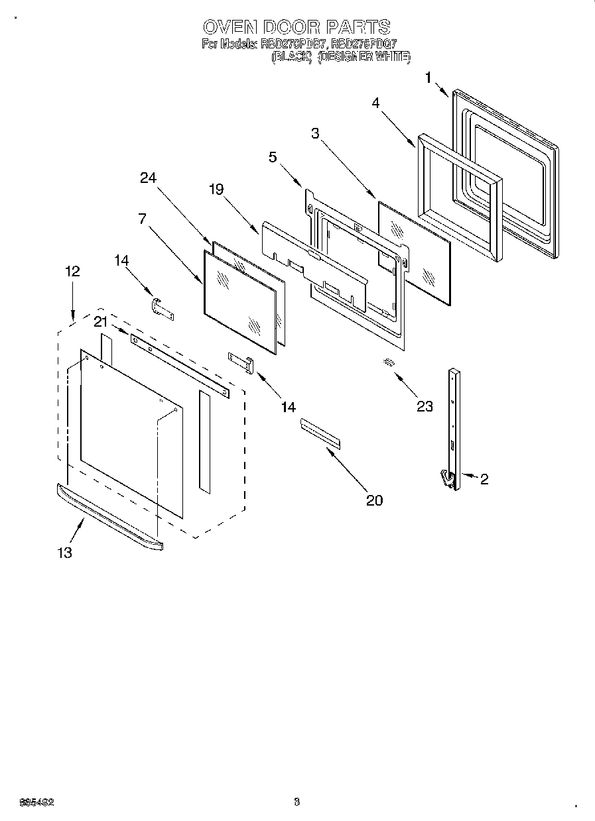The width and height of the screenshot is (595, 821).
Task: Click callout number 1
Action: pos(428,78)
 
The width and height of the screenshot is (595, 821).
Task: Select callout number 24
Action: pos(148,178)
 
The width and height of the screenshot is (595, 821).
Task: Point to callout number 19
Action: pos(217,190)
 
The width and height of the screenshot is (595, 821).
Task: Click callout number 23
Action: pos(425,406)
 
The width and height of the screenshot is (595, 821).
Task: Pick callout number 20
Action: pos(375,500)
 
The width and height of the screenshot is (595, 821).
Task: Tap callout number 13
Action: pos(64,553)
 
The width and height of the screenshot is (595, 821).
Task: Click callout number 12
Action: pos(72,271)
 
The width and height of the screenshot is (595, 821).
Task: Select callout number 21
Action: pos(100,321)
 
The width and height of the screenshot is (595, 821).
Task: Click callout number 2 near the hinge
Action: pos(484,479)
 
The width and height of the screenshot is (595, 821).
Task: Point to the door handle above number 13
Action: pos(109,517)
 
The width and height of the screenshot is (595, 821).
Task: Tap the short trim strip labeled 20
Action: pos(320,433)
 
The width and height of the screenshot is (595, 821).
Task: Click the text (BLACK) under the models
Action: pos(291,58)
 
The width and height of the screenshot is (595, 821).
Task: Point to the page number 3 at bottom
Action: pos(297,802)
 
